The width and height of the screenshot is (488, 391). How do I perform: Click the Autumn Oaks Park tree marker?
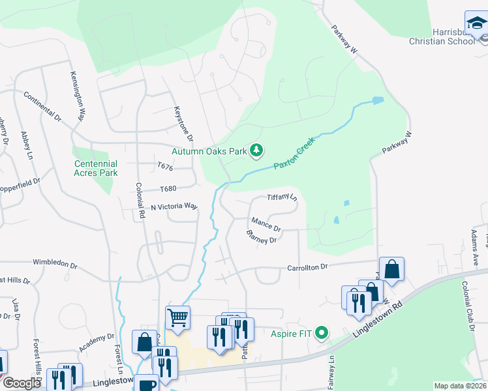point(257,151)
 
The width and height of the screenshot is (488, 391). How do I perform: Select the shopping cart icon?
point(177,317)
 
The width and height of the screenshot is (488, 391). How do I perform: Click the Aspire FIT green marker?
point(321,334)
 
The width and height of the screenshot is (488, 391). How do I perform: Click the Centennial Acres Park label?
point(96,168)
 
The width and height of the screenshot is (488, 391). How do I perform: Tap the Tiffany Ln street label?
point(282,197)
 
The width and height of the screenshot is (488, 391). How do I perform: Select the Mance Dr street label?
point(266,224)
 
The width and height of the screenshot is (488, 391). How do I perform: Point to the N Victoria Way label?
point(174,206)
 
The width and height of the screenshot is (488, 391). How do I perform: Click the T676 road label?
point(164,167)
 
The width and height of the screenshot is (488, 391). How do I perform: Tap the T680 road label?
point(168,189)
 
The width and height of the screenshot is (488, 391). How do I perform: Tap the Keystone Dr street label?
point(184,124)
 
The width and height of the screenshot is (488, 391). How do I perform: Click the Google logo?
point(21,383)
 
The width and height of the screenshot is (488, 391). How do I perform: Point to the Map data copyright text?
point(461,386)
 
